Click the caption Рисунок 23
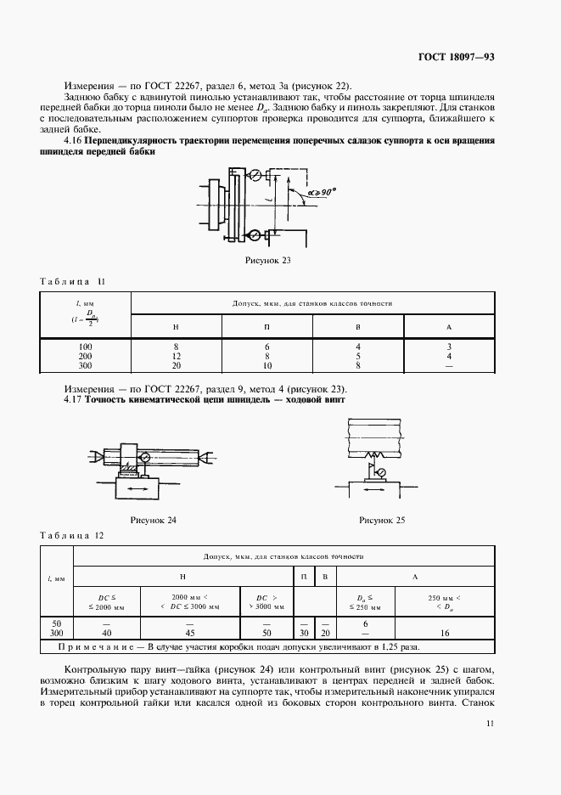tap(268, 261)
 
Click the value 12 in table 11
tap(177, 357)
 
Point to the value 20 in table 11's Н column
tap(177, 366)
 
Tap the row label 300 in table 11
tap(85, 366)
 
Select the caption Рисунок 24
tap(153, 519)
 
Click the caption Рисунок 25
tap(383, 519)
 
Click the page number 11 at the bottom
tap(491, 724)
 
